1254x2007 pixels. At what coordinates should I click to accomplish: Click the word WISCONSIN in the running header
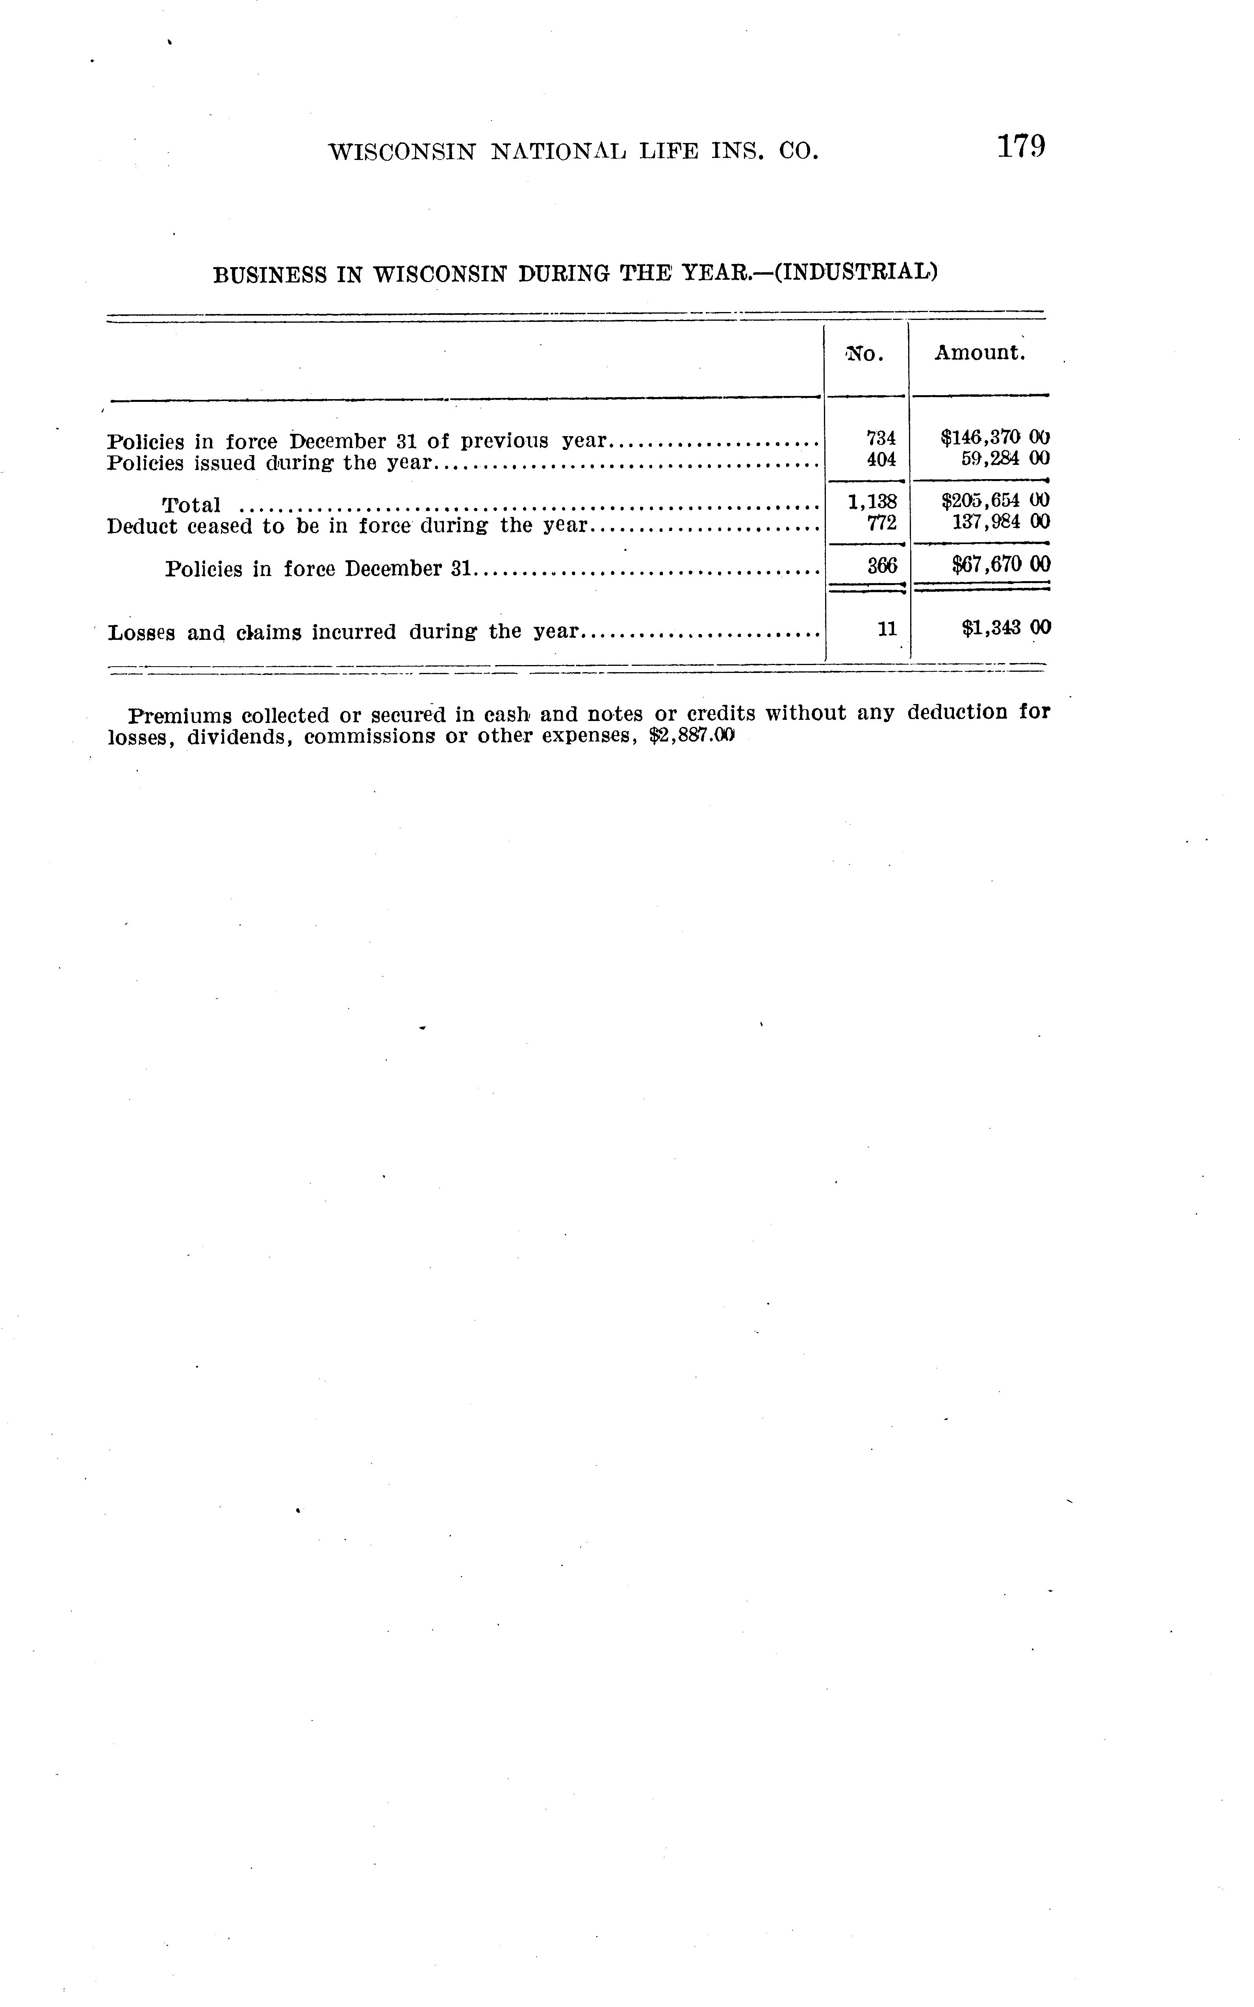coord(402,152)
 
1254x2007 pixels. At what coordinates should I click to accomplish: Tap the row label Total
coord(191,505)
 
